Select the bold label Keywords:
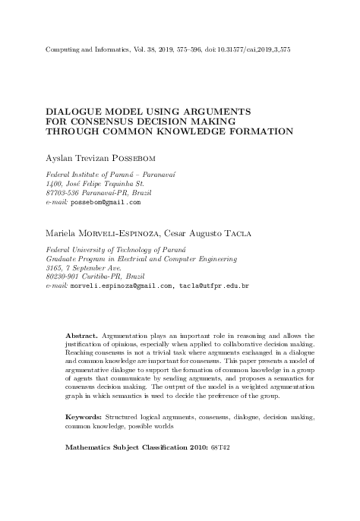point(84,417)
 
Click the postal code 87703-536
point(66,194)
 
